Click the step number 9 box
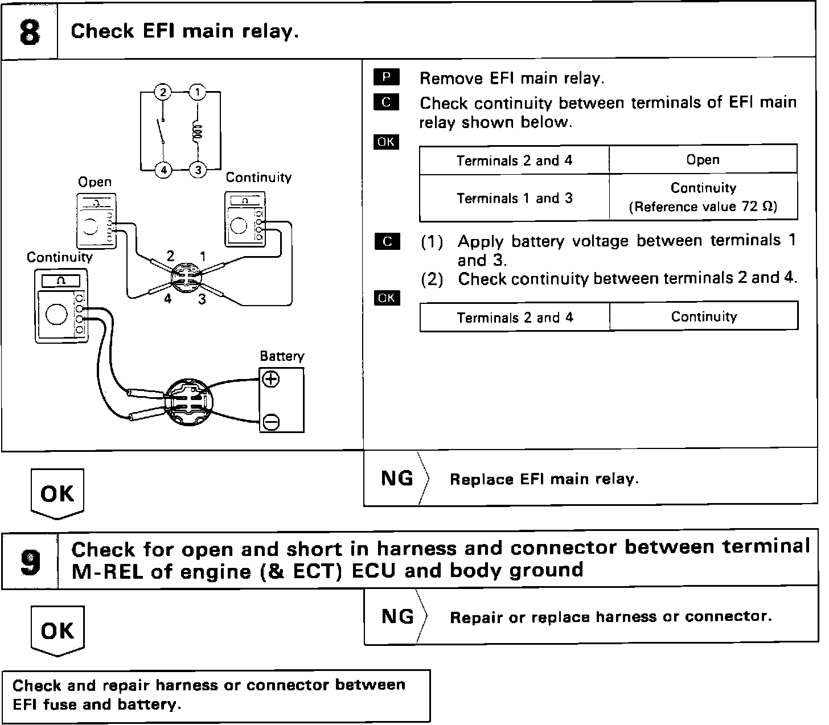[30, 561]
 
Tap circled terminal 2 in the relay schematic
[163, 92]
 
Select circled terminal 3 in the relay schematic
[198, 170]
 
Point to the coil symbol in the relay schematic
[198, 131]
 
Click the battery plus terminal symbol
[271, 379]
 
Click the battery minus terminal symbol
[271, 422]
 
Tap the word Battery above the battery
[282, 356]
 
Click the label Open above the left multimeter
[95, 182]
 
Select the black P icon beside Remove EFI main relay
[387, 77]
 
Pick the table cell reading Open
[703, 160]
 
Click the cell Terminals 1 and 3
[514, 198]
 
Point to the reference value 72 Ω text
[703, 207]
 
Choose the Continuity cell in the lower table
[704, 316]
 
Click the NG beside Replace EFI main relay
[397, 479]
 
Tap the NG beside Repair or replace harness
[397, 616]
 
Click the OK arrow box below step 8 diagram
[57, 493]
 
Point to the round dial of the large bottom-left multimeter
[56, 314]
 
